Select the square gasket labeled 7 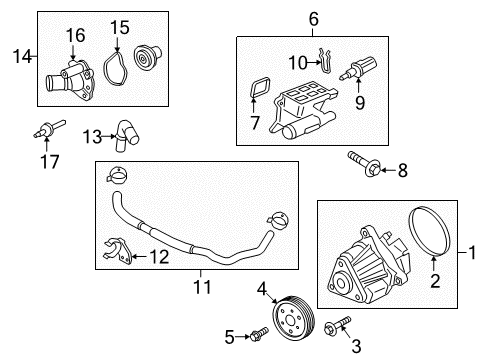coord(258,95)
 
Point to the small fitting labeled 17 coord(46,130)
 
